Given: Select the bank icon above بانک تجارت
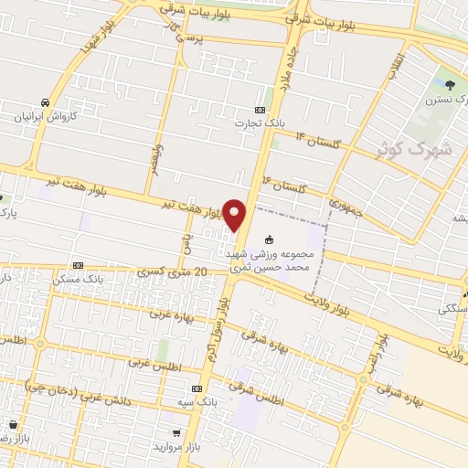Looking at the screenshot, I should click(x=261, y=110).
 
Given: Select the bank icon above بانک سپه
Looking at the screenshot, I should click(x=197, y=388).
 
